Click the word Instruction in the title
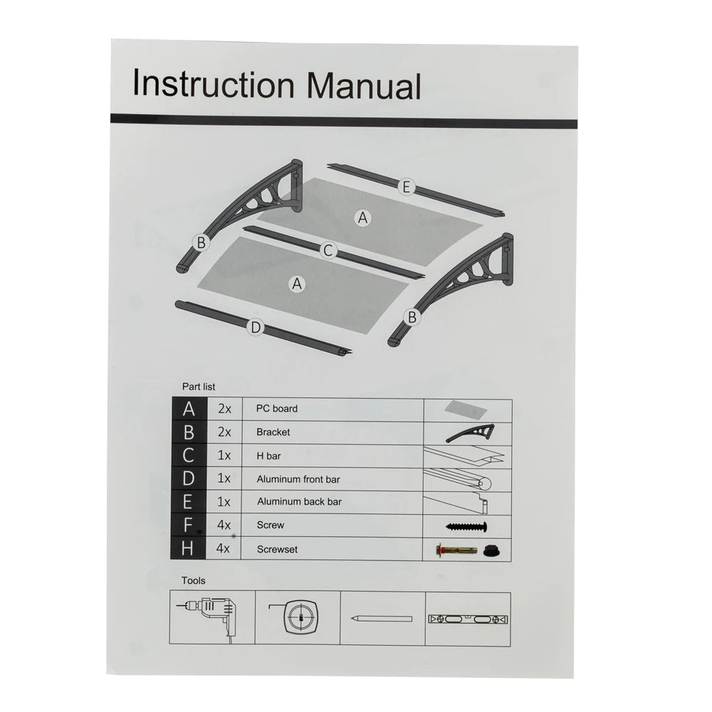(x=213, y=84)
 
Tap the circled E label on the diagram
(x=406, y=187)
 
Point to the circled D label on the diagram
(x=255, y=328)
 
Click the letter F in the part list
(x=189, y=525)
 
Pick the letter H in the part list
(x=189, y=548)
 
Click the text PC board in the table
(x=277, y=409)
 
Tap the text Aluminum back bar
(x=299, y=502)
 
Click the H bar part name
(x=269, y=456)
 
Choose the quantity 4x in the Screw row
(x=224, y=525)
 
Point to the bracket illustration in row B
(x=469, y=431)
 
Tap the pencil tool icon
(x=381, y=619)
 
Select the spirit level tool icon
(x=468, y=619)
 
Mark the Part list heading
(x=199, y=387)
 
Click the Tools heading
(x=193, y=581)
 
